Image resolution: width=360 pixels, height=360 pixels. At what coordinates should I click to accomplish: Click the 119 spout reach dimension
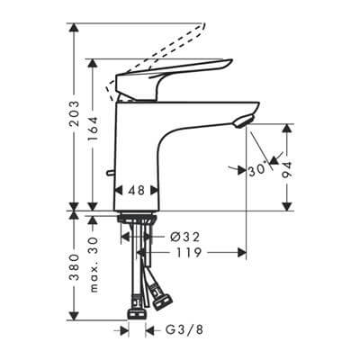[x=186, y=254]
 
